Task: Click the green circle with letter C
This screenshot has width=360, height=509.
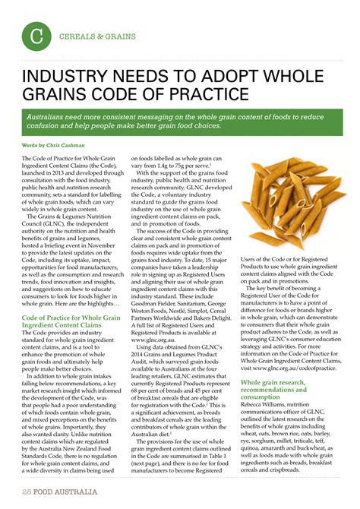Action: pos(35,36)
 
